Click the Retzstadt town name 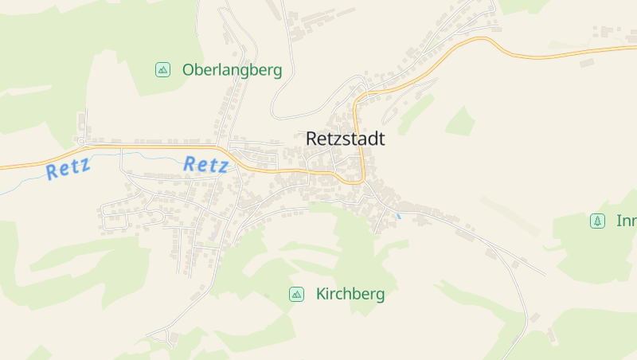coord(345,139)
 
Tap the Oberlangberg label coord(232,70)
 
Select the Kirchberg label coord(350,294)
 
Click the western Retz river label coord(68,168)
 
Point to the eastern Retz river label coord(206,165)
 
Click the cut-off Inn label coord(626,221)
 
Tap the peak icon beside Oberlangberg coord(162,70)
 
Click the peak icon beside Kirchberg coord(296,294)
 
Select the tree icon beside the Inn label coord(597,221)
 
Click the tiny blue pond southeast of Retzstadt coord(398,216)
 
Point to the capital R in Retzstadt coord(312,139)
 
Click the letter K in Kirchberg coord(321,294)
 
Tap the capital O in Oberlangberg coord(189,70)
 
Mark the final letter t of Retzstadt coord(381,139)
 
